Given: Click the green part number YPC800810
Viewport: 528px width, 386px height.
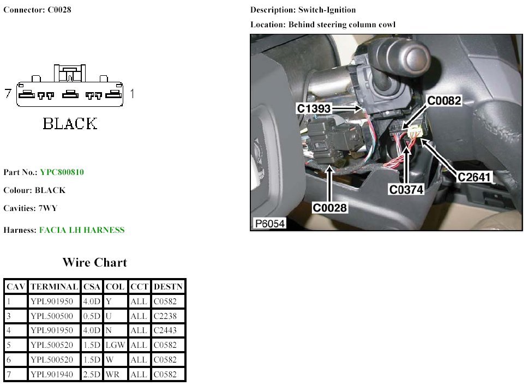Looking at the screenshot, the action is [x=62, y=172].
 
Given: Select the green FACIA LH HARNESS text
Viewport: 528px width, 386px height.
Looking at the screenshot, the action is [x=82, y=230].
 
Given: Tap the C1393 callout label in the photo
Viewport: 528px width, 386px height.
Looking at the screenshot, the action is [x=314, y=109].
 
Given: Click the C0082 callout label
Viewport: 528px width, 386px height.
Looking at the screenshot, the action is [x=444, y=101].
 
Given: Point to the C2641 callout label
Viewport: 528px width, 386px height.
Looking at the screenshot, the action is [x=475, y=177].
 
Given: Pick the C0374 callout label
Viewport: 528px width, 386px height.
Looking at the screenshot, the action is [x=406, y=190].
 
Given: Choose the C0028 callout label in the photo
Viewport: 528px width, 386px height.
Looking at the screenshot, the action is [x=329, y=208].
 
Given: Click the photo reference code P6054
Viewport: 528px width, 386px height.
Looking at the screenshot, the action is [x=269, y=224].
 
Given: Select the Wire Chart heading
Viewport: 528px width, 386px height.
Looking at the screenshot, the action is [x=94, y=262].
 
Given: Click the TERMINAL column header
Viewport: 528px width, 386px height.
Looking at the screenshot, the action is [x=54, y=287].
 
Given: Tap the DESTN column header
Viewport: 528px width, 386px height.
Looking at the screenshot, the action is [x=168, y=287].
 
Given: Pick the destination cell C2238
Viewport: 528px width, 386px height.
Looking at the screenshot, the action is [x=165, y=316].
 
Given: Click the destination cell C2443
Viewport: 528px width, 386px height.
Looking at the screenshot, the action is [x=165, y=330].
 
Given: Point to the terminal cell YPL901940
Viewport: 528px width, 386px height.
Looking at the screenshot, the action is [x=52, y=375].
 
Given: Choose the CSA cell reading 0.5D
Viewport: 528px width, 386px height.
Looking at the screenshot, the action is [x=92, y=316].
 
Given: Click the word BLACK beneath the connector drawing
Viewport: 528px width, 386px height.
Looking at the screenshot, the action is [x=70, y=124].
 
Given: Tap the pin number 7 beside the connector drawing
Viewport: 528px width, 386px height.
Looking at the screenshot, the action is [x=8, y=94].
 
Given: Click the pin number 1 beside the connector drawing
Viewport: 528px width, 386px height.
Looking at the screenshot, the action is [x=132, y=94].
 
